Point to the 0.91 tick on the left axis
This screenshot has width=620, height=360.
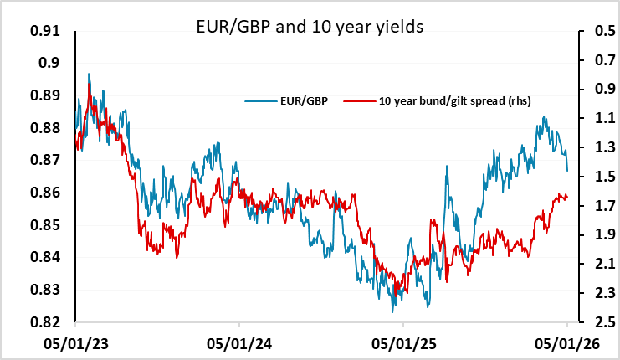coord(48,31)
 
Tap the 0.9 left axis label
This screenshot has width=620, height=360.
coord(52,64)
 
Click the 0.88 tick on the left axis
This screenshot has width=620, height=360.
coord(48,128)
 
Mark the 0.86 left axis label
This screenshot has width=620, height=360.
coord(48,193)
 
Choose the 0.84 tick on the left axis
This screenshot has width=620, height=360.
coord(48,257)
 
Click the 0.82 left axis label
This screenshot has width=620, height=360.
coord(48,322)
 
